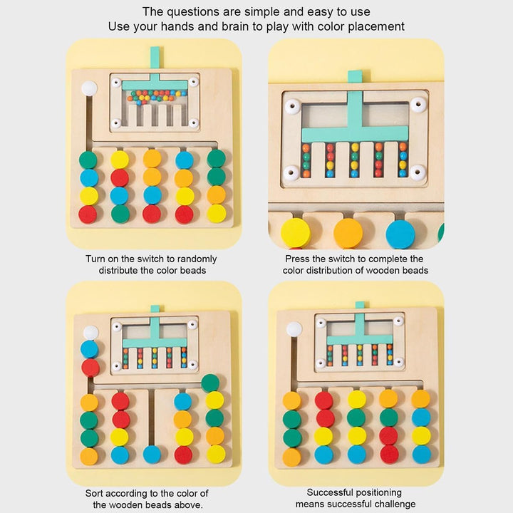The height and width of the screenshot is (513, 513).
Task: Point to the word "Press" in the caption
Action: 297,259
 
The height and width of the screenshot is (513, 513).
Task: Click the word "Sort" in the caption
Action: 95,493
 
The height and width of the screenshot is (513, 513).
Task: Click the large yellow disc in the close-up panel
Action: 296,233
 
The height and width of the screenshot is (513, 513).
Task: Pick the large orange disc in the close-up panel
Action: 348,233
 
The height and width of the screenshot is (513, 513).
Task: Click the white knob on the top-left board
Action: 89,88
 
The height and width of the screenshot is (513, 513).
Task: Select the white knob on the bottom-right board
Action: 294,329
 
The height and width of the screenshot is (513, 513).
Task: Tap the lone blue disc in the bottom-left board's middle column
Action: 152,455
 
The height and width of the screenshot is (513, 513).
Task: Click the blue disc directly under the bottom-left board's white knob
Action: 89,349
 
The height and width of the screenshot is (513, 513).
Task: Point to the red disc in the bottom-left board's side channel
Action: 90,368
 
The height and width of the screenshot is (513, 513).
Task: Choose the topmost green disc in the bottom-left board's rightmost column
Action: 210,383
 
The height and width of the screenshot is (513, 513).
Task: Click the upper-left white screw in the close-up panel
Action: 292,106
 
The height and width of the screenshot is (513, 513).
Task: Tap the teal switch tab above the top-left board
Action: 155,57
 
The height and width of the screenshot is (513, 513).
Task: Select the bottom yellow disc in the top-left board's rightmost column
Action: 217,213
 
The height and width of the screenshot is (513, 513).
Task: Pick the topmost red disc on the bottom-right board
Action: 324,400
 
